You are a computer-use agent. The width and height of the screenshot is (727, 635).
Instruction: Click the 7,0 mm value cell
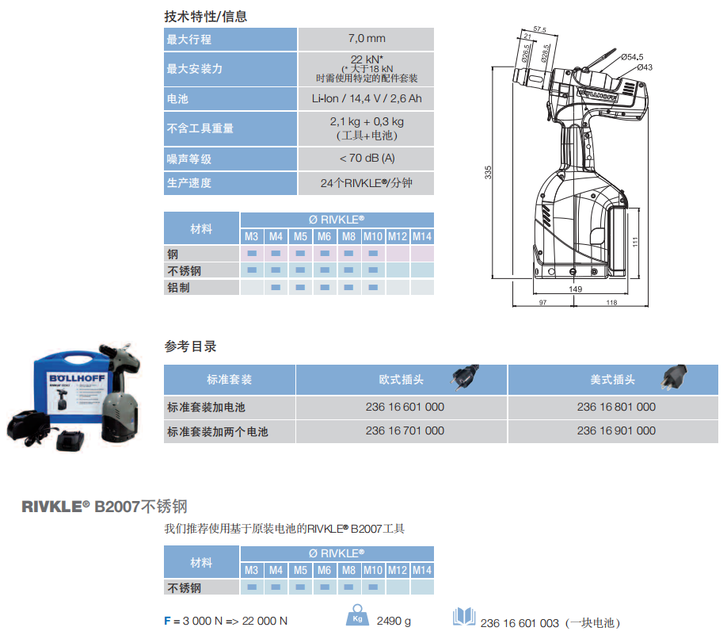click(x=367, y=39)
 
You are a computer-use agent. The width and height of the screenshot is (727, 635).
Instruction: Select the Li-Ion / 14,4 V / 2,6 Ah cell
click(x=367, y=98)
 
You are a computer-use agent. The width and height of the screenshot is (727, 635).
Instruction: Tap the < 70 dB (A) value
click(x=367, y=159)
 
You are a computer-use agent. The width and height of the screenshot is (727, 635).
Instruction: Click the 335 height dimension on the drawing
click(x=488, y=172)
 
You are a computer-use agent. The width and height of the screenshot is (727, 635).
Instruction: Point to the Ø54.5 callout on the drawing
click(x=632, y=57)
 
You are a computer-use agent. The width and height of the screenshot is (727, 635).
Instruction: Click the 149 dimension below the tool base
click(x=576, y=289)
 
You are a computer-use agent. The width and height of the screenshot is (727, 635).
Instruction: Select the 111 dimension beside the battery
click(x=635, y=241)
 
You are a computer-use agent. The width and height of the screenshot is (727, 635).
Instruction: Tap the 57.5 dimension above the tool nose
click(x=539, y=29)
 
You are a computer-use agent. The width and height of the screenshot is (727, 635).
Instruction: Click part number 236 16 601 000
click(x=405, y=407)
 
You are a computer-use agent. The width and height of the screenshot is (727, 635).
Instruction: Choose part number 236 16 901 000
click(x=616, y=430)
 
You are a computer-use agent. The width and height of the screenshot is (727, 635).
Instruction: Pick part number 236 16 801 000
click(x=616, y=407)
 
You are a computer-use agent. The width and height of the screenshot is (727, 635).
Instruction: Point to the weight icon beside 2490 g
click(x=357, y=615)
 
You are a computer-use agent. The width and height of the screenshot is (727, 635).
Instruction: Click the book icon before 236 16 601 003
click(x=464, y=617)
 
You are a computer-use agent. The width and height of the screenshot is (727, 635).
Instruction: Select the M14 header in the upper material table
click(x=422, y=237)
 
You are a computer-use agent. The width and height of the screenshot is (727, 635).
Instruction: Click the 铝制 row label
click(x=178, y=288)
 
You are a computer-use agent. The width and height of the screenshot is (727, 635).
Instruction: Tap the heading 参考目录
click(x=191, y=346)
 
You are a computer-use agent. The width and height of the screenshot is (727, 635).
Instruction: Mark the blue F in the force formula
click(x=167, y=621)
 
